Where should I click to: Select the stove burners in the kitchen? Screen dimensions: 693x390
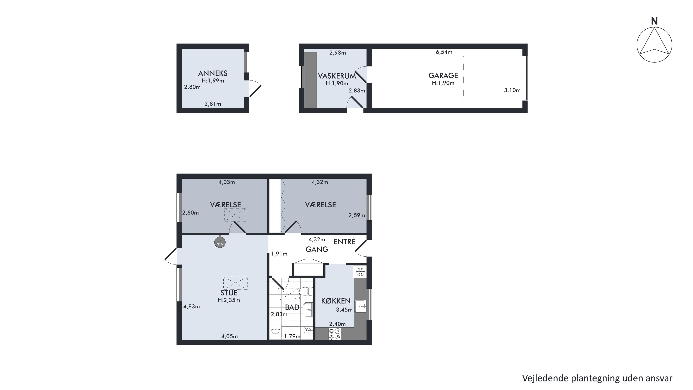coord(335,334)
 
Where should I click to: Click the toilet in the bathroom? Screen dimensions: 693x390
coord(306,291)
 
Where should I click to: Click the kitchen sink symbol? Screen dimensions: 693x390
coord(360,306)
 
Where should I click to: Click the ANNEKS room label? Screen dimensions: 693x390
coord(213,73)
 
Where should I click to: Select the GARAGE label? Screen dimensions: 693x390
coord(443,75)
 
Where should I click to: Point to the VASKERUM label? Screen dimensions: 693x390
coord(337,76)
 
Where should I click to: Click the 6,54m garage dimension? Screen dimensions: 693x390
coord(444,52)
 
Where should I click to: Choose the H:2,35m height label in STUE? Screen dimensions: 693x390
coord(229,300)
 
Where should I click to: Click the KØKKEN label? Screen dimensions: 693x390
coord(336,301)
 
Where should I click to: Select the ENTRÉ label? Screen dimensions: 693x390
coord(344,241)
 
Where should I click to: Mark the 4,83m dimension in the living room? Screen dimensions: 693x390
coord(192,307)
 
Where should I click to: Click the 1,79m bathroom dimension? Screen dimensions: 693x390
coord(292,336)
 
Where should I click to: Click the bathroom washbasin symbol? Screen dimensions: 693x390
coord(308,310)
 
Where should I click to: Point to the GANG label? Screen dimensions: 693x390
coord(317,249)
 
